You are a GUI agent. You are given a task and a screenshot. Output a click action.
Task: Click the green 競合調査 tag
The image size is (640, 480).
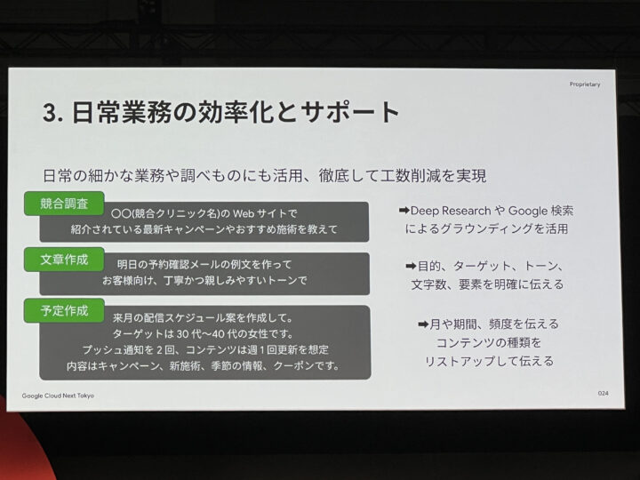point(64,204)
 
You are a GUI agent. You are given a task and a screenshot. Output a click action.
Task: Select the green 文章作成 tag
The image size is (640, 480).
point(64,260)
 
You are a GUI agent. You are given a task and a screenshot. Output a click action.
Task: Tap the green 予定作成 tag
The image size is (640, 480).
point(64,310)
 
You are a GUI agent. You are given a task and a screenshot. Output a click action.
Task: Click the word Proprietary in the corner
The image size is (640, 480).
point(585,84)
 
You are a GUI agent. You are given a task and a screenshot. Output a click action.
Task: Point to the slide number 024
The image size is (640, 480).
point(603,394)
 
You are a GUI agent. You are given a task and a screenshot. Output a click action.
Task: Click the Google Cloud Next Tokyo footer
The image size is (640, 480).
point(58,396)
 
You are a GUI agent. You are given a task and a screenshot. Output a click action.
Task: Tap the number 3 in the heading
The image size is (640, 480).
point(50,113)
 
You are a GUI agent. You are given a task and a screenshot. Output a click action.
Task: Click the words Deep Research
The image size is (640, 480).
point(451,211)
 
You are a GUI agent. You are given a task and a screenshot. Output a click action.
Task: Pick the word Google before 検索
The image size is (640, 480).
point(528,211)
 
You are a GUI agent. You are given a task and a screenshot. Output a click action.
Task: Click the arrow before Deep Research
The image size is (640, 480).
point(404,211)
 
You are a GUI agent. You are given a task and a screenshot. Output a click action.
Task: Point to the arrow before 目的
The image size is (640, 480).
point(411,267)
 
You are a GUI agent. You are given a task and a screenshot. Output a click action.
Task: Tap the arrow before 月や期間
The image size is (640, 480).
point(423,324)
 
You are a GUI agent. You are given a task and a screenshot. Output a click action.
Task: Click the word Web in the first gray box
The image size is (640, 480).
point(244,213)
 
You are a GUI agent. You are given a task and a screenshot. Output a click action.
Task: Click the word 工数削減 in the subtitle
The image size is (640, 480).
point(410,176)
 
